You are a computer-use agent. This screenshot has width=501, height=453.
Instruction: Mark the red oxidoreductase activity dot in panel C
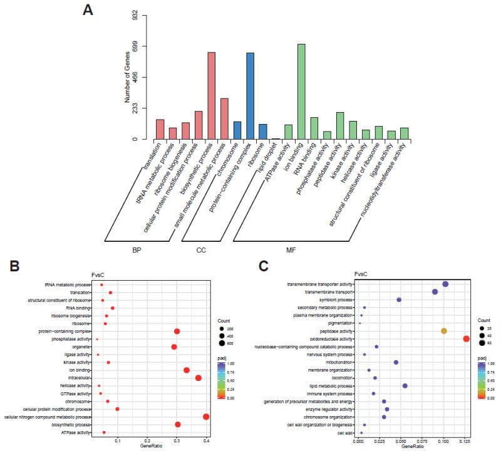click(466, 339)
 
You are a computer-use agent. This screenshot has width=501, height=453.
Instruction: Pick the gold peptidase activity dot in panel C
click(444, 331)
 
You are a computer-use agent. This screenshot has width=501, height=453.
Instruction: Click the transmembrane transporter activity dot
click(445, 284)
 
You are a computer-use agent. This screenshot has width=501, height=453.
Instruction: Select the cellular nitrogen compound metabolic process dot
click(207, 417)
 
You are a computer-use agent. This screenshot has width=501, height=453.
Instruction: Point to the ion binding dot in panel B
click(187, 370)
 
